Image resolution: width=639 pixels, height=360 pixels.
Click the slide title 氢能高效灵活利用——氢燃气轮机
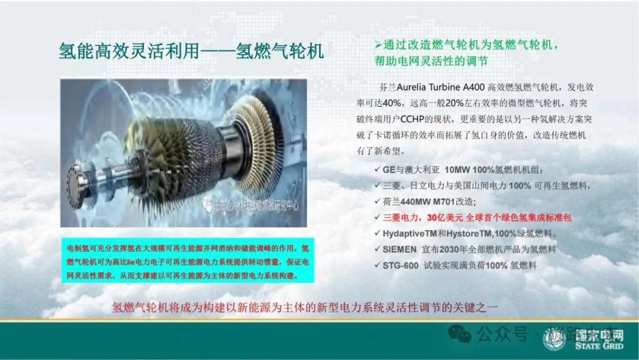191,51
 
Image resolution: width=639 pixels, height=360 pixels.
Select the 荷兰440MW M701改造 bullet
425,201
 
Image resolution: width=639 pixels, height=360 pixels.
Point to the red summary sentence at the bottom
307,308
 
